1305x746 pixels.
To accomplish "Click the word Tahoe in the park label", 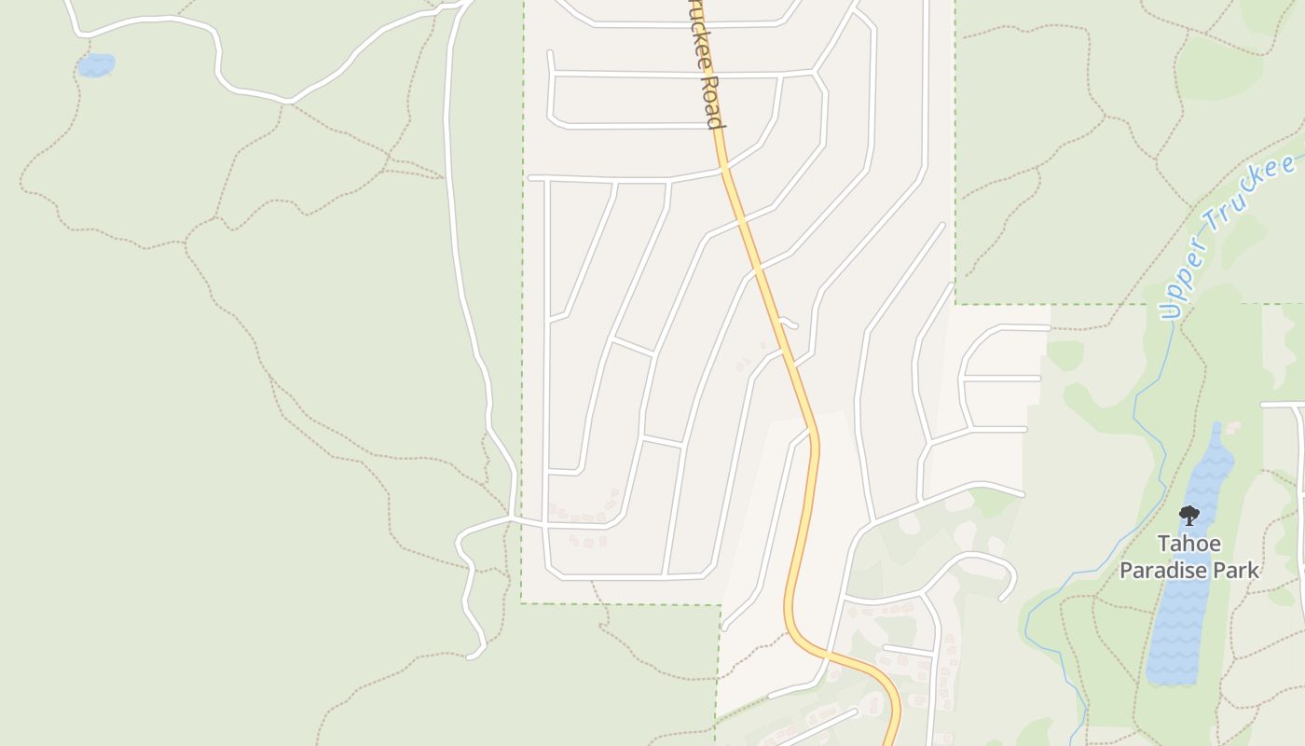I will pyautogui.click(x=1188, y=544).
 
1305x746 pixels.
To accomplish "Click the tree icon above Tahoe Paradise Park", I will pyautogui.click(x=1188, y=515).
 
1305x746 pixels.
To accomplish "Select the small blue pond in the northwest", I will pyautogui.click(x=95, y=65).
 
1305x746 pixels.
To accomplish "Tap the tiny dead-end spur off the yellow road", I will pyautogui.click(x=790, y=324).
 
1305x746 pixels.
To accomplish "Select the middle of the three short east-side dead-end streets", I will pyautogui.click(x=1002, y=379).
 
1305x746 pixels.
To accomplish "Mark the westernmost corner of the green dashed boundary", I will pyautogui.click(x=521, y=602).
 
